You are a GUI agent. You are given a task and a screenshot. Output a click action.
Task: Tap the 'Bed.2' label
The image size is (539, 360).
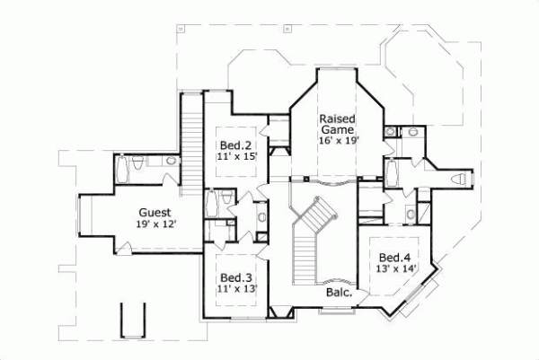click(x=236, y=145)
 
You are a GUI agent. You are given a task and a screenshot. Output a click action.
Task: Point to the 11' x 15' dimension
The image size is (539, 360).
click(x=236, y=156)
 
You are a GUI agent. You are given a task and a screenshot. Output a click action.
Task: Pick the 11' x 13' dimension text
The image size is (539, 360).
click(x=236, y=289)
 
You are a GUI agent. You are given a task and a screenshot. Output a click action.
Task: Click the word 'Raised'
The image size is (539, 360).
click(x=338, y=119)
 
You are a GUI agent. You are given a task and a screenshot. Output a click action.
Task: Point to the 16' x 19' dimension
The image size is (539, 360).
click(x=338, y=141)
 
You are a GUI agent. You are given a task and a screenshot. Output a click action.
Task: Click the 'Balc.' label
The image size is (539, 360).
click(x=338, y=293)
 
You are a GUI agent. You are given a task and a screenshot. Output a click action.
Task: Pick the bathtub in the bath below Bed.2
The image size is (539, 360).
click(x=212, y=204)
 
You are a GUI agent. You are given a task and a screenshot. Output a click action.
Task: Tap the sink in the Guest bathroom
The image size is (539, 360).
click(x=171, y=162)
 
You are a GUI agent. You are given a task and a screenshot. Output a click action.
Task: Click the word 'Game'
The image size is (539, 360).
click(x=338, y=129)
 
